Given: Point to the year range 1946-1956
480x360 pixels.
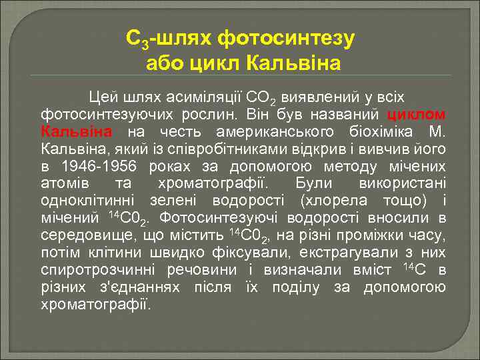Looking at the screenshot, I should pos(99,165).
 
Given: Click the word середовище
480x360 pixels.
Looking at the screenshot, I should pos(87,235).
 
